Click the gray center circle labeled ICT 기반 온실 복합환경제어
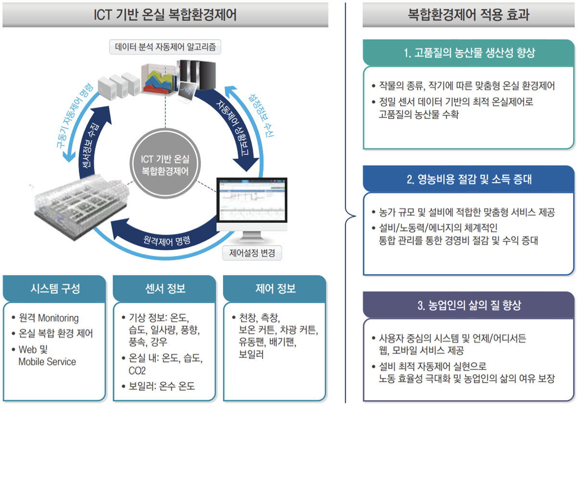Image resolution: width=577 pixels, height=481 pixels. [x=165, y=164]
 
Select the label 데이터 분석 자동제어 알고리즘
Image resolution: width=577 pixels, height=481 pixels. [x=165, y=47]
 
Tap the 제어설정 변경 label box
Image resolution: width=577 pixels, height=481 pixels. [x=252, y=253]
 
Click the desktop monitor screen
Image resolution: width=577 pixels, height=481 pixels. [x=252, y=200]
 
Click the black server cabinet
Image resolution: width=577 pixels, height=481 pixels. [x=197, y=75]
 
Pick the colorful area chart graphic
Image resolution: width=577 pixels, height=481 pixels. [x=158, y=79]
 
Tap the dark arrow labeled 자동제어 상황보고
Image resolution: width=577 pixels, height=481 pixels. [x=235, y=127]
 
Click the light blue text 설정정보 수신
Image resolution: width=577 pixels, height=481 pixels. [x=262, y=115]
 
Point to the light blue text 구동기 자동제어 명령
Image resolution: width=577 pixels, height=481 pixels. [x=74, y=116]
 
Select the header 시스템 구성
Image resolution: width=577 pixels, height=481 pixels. [x=55, y=289]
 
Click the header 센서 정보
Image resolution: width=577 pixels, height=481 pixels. [x=165, y=289]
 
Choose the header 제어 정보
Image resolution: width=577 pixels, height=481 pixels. [x=275, y=289]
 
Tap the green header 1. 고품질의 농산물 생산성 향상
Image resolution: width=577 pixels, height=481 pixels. [x=469, y=53]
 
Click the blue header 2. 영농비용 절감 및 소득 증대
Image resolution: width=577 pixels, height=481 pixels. [x=469, y=179]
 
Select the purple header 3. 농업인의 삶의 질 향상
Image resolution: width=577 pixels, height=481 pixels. [x=469, y=305]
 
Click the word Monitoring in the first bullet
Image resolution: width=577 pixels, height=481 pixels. [x=58, y=318]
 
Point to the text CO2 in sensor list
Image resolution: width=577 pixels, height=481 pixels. [x=137, y=371]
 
